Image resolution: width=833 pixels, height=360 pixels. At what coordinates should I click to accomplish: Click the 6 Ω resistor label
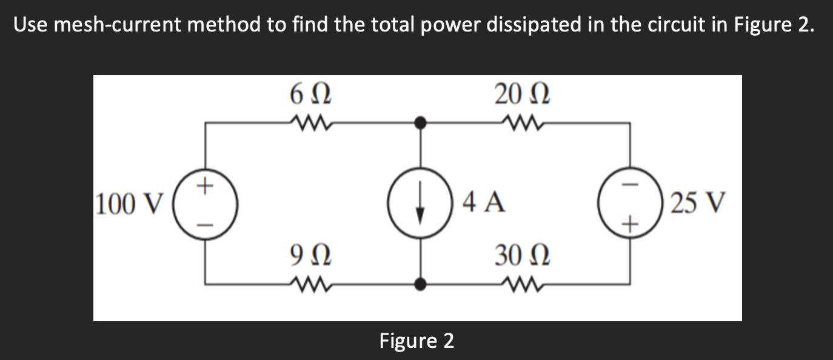coord(310,95)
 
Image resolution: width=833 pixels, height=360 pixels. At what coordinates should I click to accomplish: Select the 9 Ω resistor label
coord(310,255)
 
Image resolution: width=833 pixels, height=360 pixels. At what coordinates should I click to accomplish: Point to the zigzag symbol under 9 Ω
coord(310,282)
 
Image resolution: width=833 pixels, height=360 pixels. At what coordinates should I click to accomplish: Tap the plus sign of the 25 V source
coord(632,225)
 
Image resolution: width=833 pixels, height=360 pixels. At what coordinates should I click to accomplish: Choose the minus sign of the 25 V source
coord(632,184)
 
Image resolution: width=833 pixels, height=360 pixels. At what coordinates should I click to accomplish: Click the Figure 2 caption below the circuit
coord(416,341)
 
